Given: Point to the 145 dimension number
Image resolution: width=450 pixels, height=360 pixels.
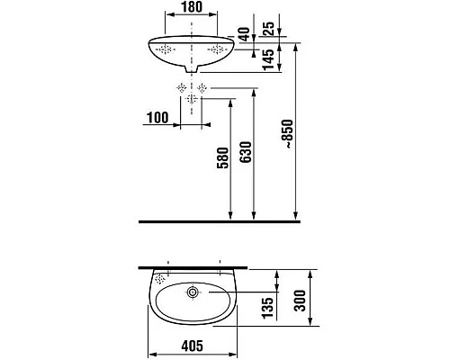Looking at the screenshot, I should [x=267, y=59].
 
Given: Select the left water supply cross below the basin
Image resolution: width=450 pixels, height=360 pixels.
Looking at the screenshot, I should [x=182, y=88].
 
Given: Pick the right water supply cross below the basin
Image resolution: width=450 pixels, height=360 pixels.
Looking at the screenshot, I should [x=203, y=88].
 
